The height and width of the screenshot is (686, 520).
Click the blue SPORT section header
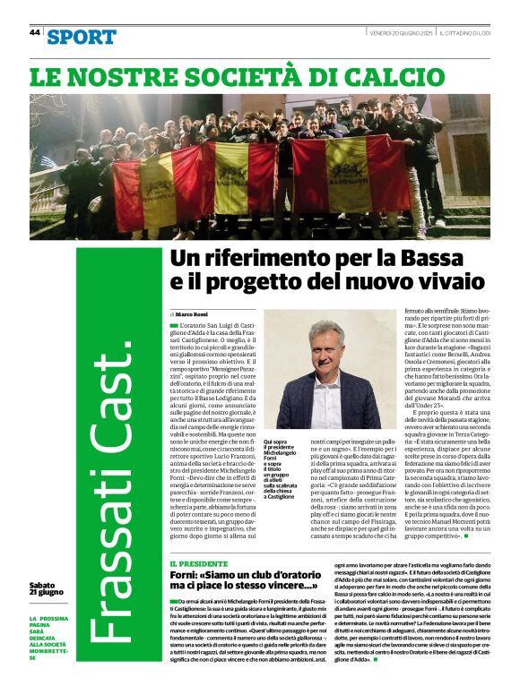[82, 37]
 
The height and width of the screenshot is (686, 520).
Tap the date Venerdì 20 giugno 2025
[402, 32]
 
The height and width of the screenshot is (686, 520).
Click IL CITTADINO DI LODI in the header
[464, 32]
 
